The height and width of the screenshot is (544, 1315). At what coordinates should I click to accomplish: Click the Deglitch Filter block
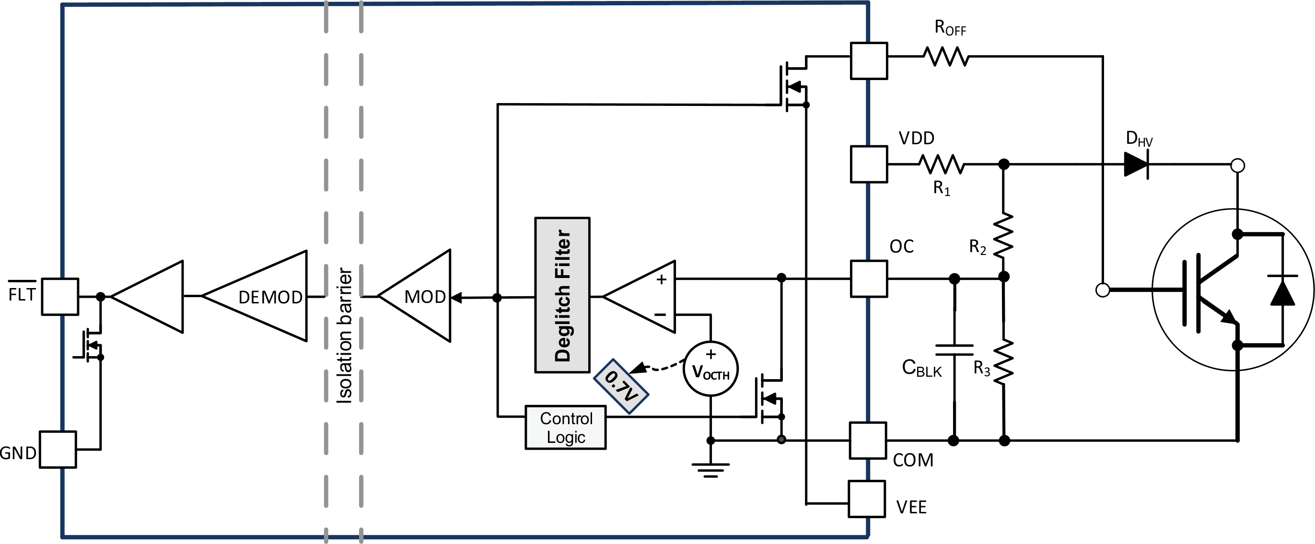(x=562, y=295)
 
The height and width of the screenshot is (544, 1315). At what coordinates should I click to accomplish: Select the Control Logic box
(x=566, y=428)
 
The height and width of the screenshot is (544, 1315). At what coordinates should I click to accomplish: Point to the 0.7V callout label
(x=621, y=386)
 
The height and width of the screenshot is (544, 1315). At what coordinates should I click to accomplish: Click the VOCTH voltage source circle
(x=710, y=369)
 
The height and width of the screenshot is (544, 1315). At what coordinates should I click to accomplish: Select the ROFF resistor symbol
(x=946, y=57)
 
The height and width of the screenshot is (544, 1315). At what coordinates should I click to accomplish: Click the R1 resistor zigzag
(x=942, y=164)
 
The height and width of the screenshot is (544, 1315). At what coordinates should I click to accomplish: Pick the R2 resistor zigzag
(x=1003, y=235)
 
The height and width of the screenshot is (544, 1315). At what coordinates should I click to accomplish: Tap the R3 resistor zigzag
(x=1003, y=362)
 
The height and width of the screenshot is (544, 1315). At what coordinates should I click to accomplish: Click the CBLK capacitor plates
(x=954, y=350)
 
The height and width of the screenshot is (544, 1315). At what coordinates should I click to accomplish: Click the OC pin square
(x=868, y=278)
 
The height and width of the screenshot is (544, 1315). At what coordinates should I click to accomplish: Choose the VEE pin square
(x=866, y=498)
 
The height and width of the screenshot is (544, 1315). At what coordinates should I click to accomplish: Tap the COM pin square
(x=867, y=440)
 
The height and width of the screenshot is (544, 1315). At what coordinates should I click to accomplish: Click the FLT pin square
(x=60, y=297)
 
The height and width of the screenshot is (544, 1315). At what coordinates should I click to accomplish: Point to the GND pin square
(x=58, y=450)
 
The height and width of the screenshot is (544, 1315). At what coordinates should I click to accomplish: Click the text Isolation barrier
(x=345, y=336)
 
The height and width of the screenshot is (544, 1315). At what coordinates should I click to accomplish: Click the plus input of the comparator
(x=662, y=279)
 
